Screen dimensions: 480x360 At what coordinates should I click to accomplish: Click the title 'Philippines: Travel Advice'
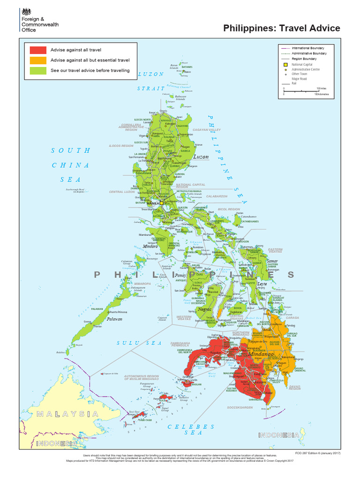point(281,28)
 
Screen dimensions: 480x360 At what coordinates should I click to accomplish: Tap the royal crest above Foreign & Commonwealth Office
point(25,11)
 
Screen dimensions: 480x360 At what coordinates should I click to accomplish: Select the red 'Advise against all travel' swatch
point(38,50)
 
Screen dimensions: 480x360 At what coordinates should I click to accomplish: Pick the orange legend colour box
point(38,60)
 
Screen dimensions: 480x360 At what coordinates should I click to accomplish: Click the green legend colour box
point(38,71)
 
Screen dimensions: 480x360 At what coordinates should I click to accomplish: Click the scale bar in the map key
point(301,91)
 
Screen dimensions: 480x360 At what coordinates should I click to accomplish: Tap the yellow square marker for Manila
point(161,203)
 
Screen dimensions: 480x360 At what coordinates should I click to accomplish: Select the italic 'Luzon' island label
point(201,157)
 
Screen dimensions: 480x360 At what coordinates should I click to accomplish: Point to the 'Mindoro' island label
point(150,246)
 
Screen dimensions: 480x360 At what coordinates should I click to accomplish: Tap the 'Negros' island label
point(204,309)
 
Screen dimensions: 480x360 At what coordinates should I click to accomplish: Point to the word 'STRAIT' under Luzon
point(151,88)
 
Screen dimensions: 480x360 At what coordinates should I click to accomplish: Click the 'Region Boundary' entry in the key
point(304,59)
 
